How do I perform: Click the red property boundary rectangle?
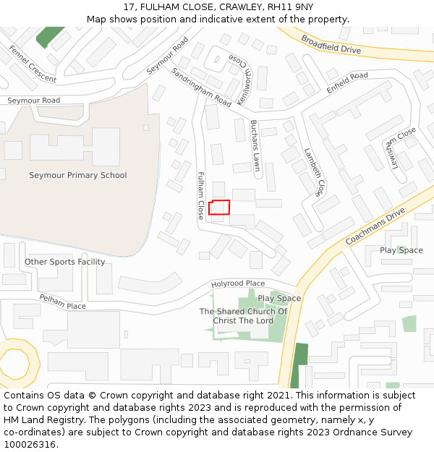click(x=219, y=208)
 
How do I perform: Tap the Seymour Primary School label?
click(x=77, y=175)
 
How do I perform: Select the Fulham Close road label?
click(x=201, y=195)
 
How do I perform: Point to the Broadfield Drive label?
click(x=331, y=45)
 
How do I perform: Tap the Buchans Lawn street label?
click(x=255, y=145)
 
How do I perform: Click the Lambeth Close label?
click(x=313, y=173)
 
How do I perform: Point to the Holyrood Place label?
click(x=238, y=283)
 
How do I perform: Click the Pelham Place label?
click(x=62, y=302)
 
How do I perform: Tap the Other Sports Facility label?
click(x=65, y=262)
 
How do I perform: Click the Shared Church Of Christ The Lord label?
click(x=243, y=316)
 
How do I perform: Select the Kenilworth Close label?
click(x=235, y=72)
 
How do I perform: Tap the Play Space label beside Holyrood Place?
click(x=279, y=298)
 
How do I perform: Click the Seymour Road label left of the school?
click(x=34, y=101)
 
